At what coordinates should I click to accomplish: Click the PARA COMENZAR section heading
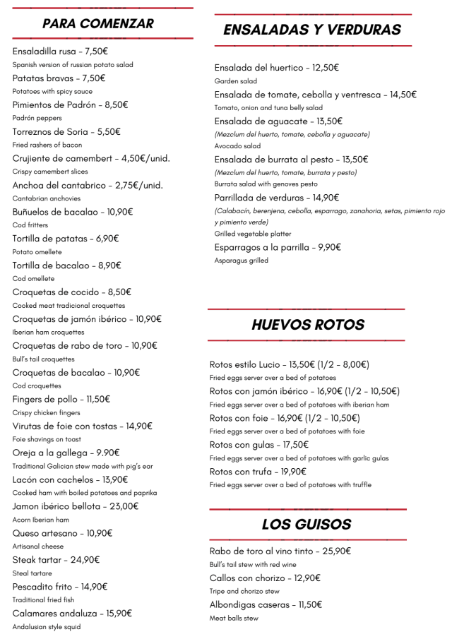point(97,23)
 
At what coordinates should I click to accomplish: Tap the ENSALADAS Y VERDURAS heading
point(312,30)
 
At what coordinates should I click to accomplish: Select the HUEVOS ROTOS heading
point(308,325)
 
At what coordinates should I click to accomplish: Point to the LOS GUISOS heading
point(307,524)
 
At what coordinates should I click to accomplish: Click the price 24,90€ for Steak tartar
point(85,560)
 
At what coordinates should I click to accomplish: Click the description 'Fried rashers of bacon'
point(47,145)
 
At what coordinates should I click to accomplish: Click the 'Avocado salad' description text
point(238,146)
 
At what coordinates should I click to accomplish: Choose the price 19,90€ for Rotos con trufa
point(293,472)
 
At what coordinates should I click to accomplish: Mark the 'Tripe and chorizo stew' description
point(244,592)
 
